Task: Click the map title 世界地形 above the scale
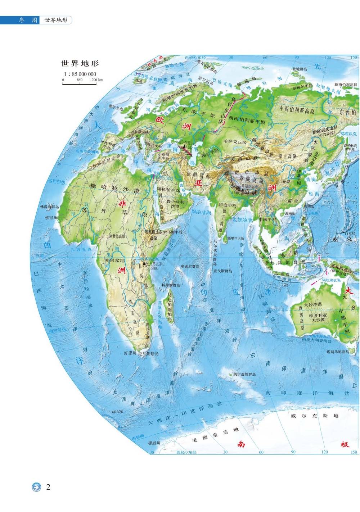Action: coord(80,64)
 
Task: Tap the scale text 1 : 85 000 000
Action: coord(80,74)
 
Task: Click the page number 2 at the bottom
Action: coord(48,487)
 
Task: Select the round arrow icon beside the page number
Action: coord(36,488)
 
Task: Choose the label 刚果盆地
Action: coord(114,260)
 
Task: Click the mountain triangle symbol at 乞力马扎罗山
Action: coord(144,263)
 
